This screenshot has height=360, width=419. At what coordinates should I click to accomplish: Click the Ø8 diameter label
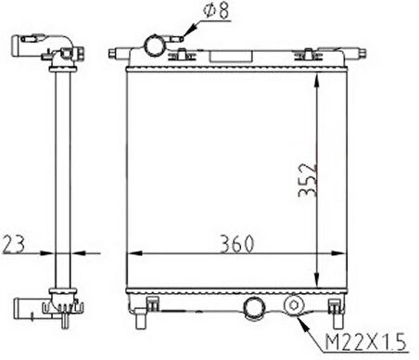216,10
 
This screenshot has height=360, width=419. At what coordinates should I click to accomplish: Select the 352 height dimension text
308,180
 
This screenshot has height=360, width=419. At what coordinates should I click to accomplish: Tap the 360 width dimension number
237,244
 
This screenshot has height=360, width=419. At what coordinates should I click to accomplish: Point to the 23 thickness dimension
13,244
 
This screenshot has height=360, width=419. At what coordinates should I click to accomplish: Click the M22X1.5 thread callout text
366,342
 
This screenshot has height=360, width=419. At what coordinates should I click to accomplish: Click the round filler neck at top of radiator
154,45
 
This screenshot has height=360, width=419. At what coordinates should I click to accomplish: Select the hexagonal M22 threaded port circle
294,305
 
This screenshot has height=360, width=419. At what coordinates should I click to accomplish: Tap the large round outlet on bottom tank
254,308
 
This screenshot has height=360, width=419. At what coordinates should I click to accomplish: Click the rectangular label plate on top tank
231,57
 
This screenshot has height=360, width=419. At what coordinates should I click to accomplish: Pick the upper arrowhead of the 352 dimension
317,80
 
